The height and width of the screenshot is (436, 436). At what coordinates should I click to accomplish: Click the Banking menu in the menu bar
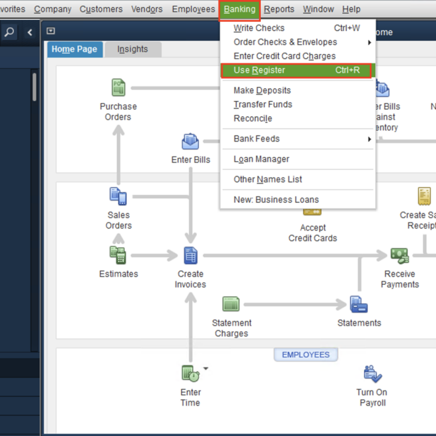[x=239, y=9]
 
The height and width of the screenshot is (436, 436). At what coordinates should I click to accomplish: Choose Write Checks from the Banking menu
[x=259, y=28]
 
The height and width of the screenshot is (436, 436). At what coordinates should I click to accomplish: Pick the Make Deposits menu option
[x=262, y=91]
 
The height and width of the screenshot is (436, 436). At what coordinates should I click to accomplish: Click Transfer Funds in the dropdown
[x=262, y=104]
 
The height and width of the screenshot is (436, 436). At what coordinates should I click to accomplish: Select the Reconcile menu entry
[x=252, y=118]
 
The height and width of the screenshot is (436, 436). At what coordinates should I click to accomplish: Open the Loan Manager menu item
[x=261, y=159]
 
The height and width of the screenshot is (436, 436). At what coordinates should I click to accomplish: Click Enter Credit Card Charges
[x=284, y=56]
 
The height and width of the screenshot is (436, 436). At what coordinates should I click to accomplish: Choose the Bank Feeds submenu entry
[x=256, y=139]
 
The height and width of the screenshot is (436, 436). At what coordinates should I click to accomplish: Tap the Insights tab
[x=132, y=50]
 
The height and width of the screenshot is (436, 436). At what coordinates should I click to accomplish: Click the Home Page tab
[x=74, y=50]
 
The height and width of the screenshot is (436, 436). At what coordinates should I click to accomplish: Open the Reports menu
[x=279, y=9]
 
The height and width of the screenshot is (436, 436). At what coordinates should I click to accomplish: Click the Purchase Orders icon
[x=118, y=88]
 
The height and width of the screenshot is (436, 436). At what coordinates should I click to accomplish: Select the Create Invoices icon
[x=190, y=255]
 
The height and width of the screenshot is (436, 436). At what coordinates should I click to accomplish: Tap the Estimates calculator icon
[x=118, y=254]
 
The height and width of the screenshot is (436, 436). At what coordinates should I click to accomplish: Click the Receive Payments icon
[x=399, y=255]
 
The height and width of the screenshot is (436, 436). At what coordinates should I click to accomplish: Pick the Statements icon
[x=359, y=305]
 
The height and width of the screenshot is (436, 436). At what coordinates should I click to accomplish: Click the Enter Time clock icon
[x=190, y=374]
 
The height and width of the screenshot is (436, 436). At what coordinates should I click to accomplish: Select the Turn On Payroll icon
[x=373, y=374]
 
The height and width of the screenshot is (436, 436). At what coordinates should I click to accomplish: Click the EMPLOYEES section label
[x=305, y=355]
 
